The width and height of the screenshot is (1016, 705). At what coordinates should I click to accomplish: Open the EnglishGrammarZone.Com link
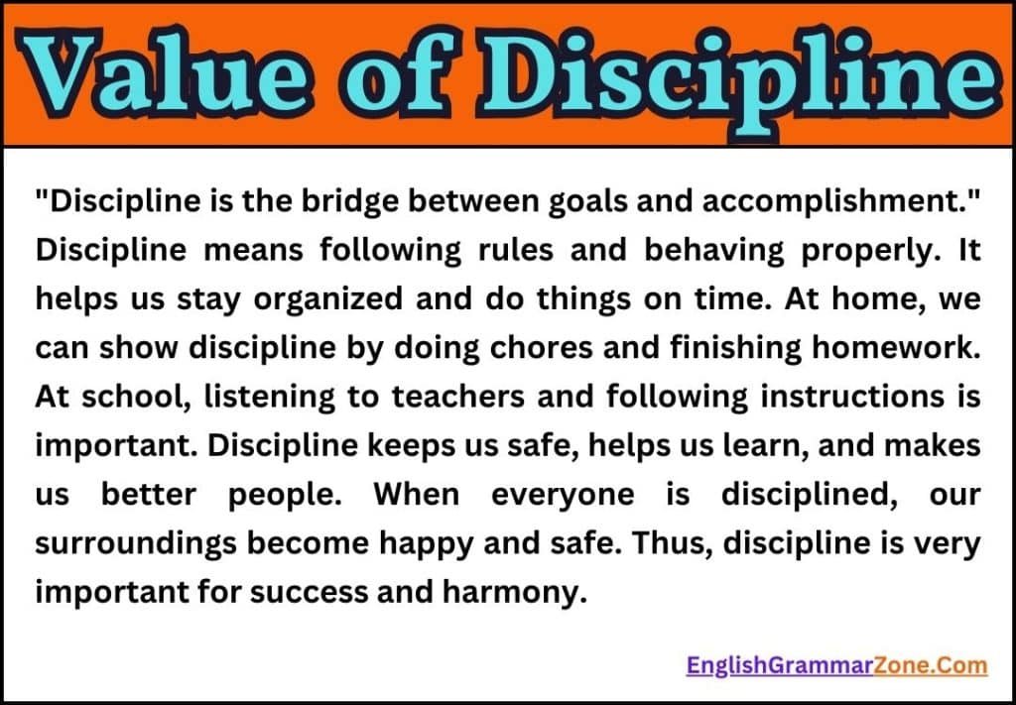click(x=836, y=665)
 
